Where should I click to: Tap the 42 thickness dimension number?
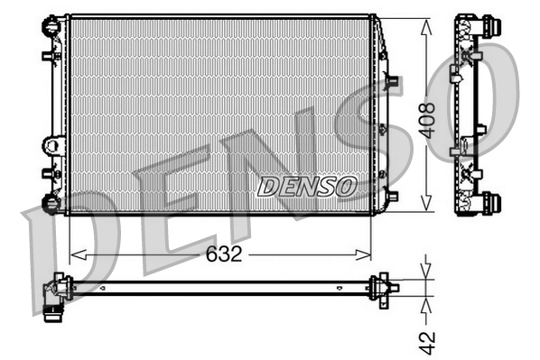tap(429, 342)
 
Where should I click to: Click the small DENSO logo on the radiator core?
tap(307, 187)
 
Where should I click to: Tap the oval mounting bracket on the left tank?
tap(52, 144)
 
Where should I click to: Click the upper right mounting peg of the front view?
tap(391, 80)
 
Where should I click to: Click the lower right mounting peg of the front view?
tap(391, 193)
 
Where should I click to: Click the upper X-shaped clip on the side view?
tap(470, 59)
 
